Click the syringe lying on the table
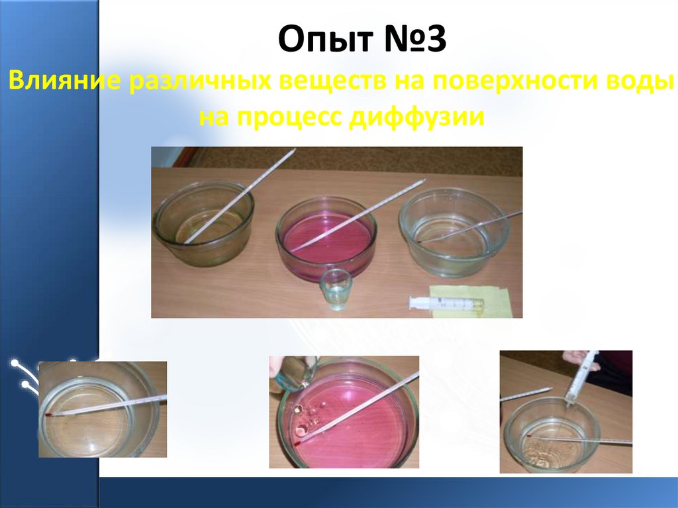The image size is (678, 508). click(445, 303)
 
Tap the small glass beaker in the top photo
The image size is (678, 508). click(336, 289)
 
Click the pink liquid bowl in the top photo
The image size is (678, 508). click(326, 239)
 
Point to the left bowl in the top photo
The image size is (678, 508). click(203, 223)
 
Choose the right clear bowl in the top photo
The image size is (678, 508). click(454, 230)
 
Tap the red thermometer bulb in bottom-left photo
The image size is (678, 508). click(50, 413)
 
